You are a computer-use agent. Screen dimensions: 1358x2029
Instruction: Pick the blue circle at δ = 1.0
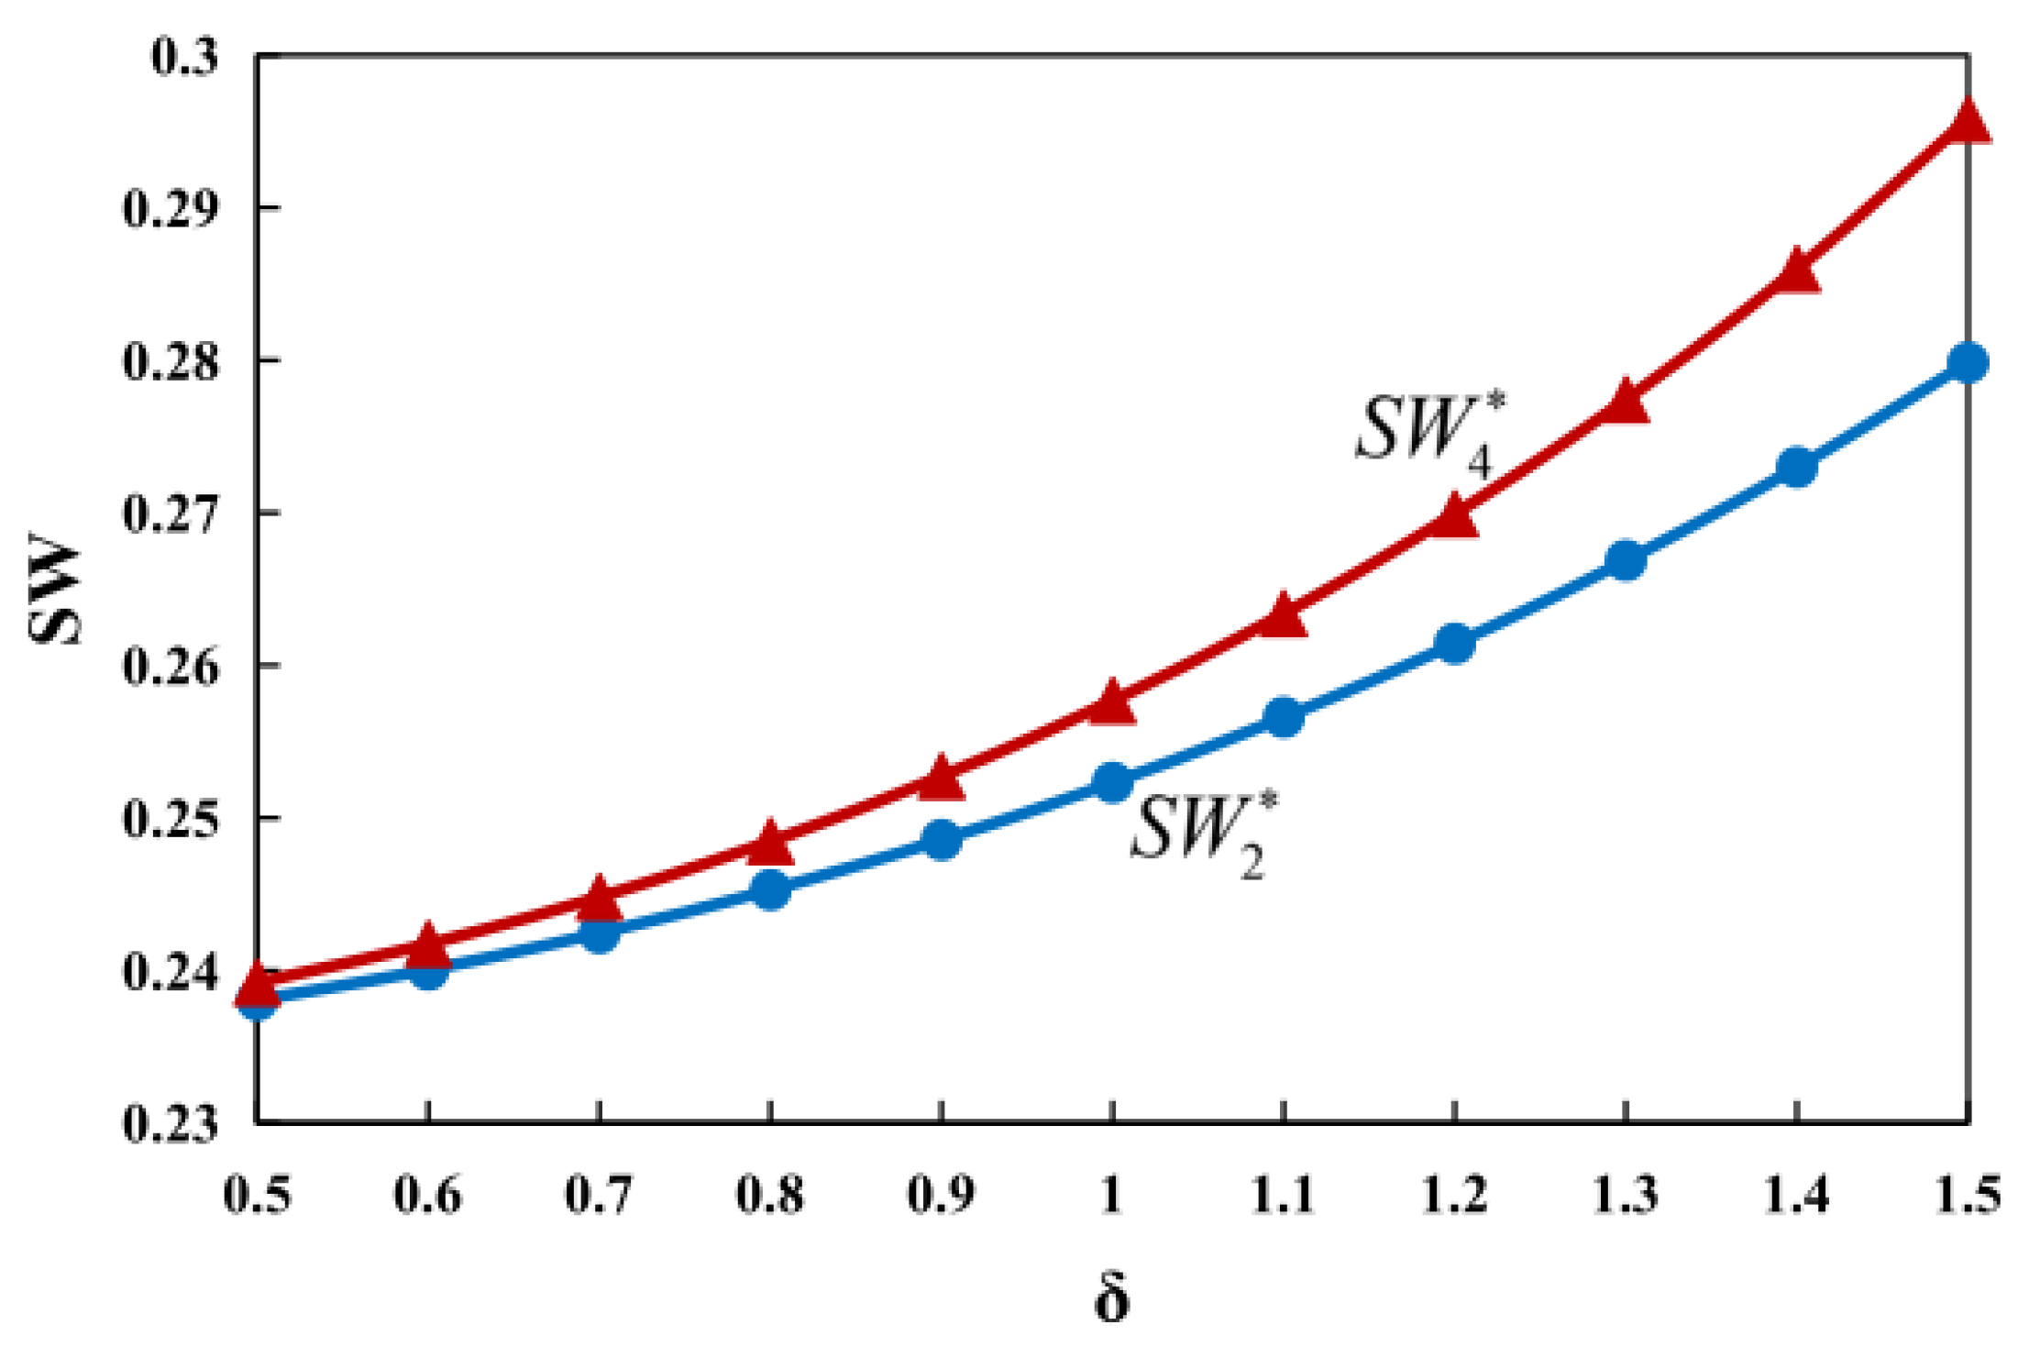[x=1112, y=782]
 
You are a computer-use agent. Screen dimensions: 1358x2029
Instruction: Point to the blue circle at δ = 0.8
[x=770, y=889]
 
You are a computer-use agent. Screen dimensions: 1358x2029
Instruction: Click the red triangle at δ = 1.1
[x=1283, y=616]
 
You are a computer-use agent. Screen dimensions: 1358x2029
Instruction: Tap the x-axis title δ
[x=1111, y=1299]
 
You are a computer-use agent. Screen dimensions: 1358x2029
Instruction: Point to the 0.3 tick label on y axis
[x=184, y=57]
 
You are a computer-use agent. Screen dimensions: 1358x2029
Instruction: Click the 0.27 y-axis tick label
[x=171, y=513]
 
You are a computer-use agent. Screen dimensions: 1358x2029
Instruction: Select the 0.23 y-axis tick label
[x=171, y=1123]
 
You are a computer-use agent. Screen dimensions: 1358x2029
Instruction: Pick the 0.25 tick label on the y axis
[x=171, y=819]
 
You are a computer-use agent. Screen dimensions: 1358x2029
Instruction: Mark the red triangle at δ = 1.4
[x=1796, y=271]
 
